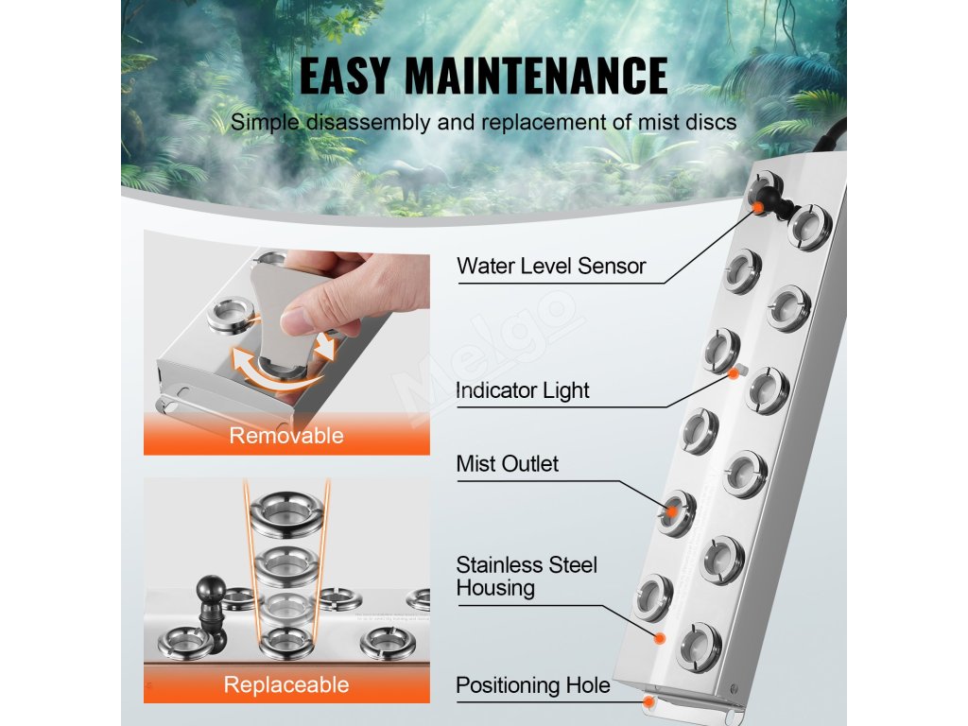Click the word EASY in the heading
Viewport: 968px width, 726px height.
(x=345, y=76)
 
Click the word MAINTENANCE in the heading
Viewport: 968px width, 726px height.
(x=537, y=76)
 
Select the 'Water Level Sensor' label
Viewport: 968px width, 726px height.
(x=551, y=266)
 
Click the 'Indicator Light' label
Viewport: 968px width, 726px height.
(x=522, y=390)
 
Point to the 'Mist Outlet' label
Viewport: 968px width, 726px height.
(x=507, y=463)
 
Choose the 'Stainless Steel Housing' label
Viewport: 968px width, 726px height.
(x=527, y=576)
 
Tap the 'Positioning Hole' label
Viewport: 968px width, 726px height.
(x=533, y=685)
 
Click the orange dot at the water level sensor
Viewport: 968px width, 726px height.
(x=757, y=207)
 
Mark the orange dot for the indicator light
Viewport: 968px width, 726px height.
(x=734, y=373)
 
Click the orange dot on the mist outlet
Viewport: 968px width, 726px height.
(x=671, y=511)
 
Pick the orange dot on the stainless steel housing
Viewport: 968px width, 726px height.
(x=659, y=638)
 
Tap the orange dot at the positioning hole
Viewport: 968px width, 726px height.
(x=648, y=702)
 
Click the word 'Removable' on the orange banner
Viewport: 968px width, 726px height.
(x=286, y=435)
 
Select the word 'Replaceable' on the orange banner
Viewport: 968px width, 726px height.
(x=286, y=684)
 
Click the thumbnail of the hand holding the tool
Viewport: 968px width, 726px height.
(x=286, y=342)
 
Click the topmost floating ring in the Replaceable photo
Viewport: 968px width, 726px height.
(x=286, y=511)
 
